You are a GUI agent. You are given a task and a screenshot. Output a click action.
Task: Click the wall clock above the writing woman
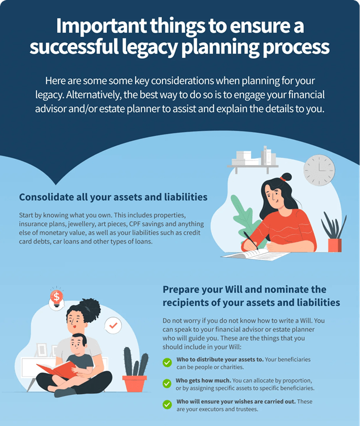tap(319, 170)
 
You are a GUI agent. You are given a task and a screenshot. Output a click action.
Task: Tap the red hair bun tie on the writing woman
tap(283, 179)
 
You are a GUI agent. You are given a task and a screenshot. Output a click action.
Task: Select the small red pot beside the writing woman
tap(334, 245)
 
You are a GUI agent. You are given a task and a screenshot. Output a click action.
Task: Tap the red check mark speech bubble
tap(113, 325)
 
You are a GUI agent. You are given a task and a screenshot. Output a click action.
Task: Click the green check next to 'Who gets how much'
tap(167, 383)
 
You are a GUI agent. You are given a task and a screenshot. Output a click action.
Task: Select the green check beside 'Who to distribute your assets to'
tap(167, 362)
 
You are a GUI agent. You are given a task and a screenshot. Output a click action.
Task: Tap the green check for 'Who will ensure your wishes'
tap(167, 404)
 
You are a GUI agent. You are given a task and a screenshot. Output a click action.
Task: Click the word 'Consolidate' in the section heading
tap(46, 197)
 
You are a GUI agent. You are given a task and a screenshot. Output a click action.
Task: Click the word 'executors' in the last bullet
tap(211, 409)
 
